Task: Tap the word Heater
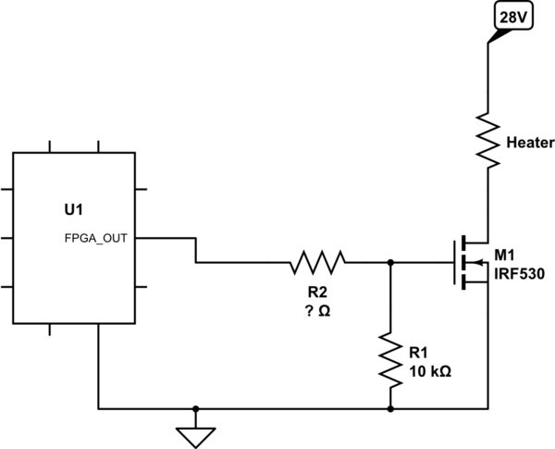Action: pyautogui.click(x=530, y=143)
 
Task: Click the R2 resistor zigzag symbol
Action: pyautogui.click(x=318, y=262)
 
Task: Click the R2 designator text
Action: pyautogui.click(x=317, y=292)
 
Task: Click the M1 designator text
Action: pyautogui.click(x=506, y=255)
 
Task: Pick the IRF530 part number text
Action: pyautogui.click(x=519, y=274)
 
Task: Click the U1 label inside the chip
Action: pyautogui.click(x=62, y=211)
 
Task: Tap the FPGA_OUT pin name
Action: pyautogui.click(x=97, y=238)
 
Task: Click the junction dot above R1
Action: pyautogui.click(x=390, y=262)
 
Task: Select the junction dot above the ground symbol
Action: pyautogui.click(x=195, y=407)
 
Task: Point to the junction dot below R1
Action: pyautogui.click(x=390, y=407)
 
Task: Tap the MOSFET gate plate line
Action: pyautogui.click(x=453, y=262)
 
